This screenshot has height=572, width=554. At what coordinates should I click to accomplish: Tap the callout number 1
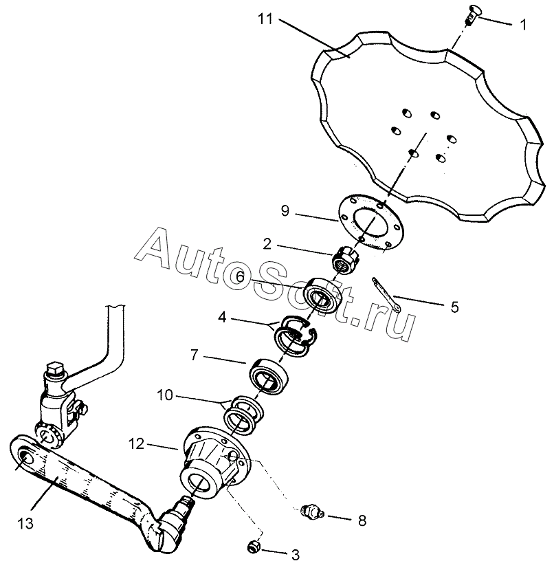523,25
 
